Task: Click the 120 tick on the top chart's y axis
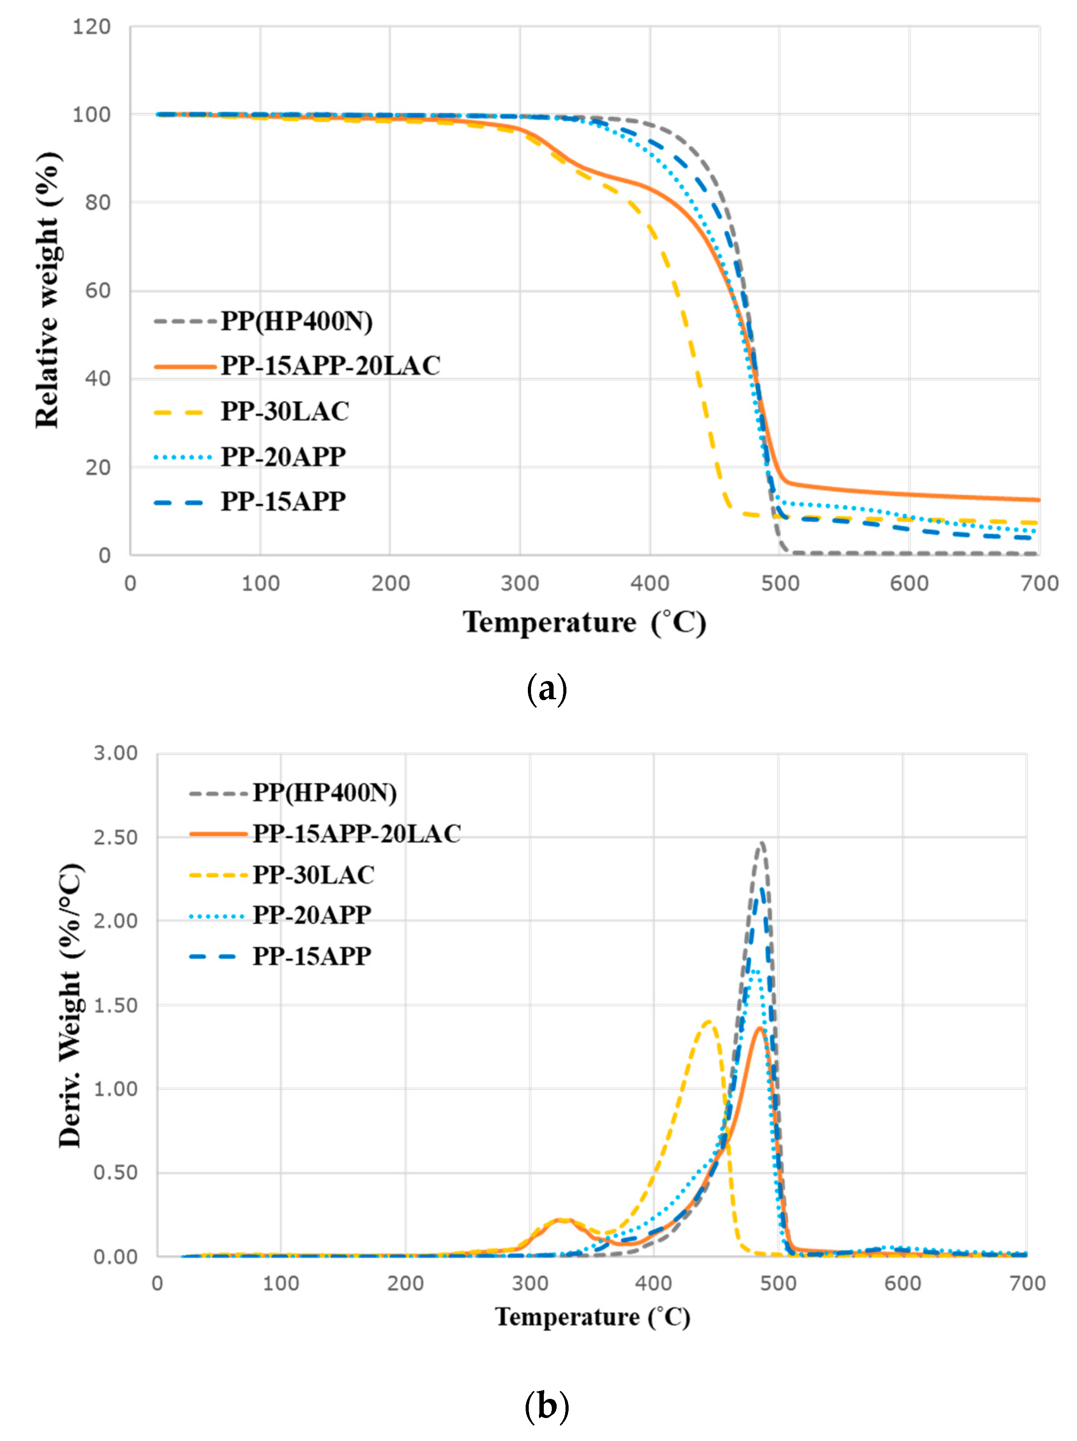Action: click(x=91, y=27)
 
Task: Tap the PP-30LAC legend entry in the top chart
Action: click(x=285, y=412)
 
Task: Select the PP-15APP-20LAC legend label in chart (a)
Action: click(x=330, y=366)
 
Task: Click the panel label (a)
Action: click(x=546, y=689)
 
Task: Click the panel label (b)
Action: click(x=546, y=1406)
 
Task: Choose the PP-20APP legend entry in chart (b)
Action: click(x=312, y=915)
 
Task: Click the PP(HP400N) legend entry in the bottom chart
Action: click(x=324, y=793)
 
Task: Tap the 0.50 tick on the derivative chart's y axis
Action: click(x=115, y=1172)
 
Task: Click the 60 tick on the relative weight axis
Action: click(x=98, y=291)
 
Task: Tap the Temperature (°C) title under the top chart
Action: click(x=584, y=623)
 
